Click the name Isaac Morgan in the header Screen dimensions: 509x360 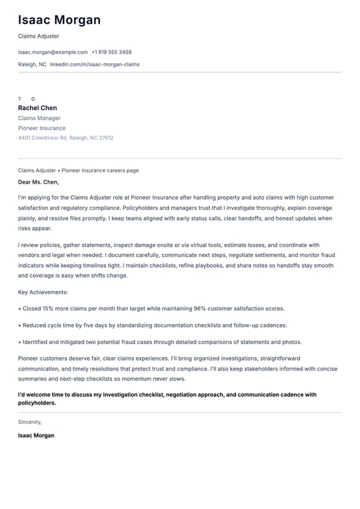point(59,20)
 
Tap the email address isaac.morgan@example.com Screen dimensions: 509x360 point(53,52)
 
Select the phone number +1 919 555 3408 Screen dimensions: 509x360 point(111,52)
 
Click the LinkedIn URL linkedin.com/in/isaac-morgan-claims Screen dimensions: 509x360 point(95,64)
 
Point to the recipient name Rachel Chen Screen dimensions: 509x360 point(37,108)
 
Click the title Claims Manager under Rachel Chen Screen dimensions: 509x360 point(39,118)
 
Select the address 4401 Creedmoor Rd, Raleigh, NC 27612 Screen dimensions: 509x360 point(66,138)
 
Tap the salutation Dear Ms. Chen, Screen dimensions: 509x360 point(38,182)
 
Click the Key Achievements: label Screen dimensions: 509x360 point(43,292)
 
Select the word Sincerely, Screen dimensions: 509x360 point(30,422)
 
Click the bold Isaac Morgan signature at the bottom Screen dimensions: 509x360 point(36,435)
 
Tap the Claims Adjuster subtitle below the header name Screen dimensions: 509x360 point(38,36)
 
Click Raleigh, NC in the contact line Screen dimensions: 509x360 point(32,64)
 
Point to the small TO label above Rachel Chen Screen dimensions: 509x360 point(27,99)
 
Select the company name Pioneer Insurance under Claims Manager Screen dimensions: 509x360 point(42,128)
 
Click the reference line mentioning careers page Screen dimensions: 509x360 point(78,170)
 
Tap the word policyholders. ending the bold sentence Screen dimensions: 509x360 point(37,402)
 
